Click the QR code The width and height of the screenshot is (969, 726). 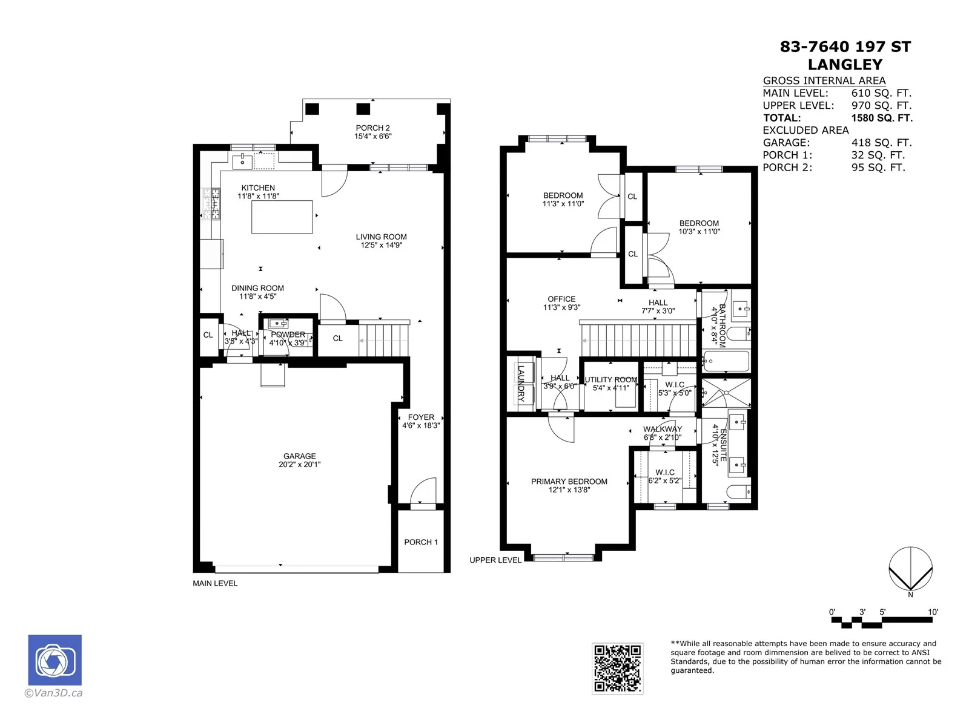tap(617, 669)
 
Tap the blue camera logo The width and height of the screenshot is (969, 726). tap(55, 660)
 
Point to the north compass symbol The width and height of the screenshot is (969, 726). tap(910, 569)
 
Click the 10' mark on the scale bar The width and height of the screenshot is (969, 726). tap(932, 612)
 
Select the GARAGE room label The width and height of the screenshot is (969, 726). tap(300, 456)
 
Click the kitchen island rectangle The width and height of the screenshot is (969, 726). tap(282, 217)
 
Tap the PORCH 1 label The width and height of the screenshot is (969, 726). tap(421, 542)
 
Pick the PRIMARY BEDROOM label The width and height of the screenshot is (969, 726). tap(569, 482)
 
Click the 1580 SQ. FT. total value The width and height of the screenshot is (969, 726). tap(882, 118)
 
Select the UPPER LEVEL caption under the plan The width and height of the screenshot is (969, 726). tap(495, 560)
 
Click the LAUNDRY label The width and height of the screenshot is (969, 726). tap(521, 383)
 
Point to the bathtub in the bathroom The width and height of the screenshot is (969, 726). tap(726, 361)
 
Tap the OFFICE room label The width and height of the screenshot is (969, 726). tap(561, 299)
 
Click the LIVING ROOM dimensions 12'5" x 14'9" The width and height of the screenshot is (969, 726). tap(382, 245)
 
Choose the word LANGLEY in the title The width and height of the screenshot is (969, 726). tap(845, 64)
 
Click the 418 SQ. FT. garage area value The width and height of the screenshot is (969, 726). tap(881, 142)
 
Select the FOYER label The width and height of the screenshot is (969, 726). tap(421, 417)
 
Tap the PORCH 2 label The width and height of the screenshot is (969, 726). tap(372, 128)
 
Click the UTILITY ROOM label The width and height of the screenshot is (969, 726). tap(611, 379)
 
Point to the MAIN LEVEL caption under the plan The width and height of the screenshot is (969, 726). tap(215, 583)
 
